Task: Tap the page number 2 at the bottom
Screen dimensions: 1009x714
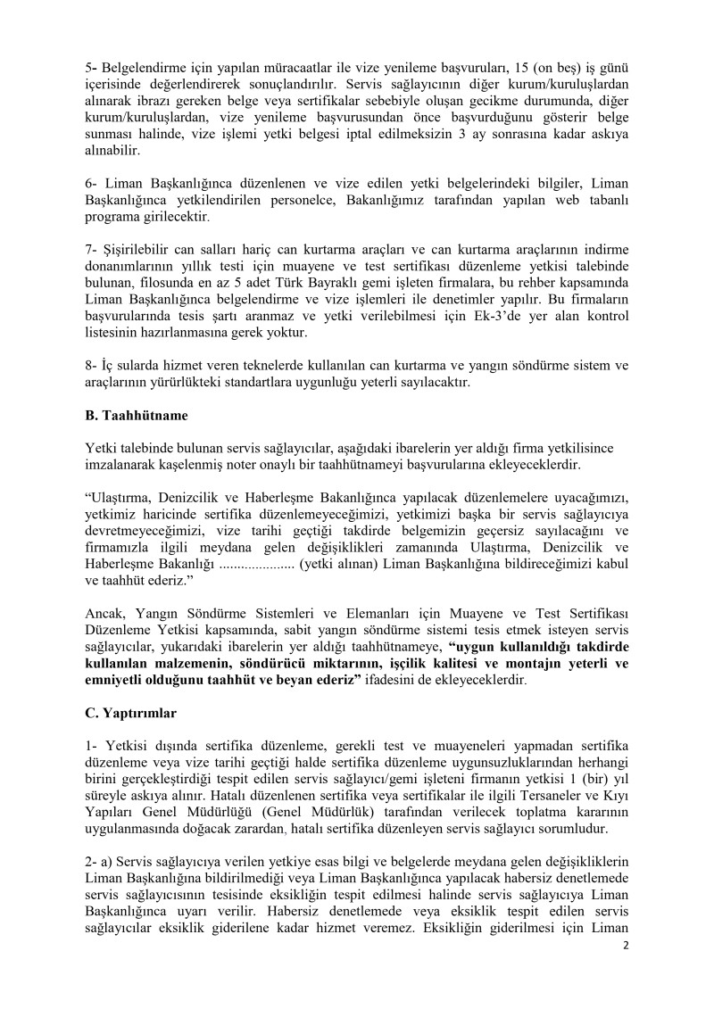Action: [x=627, y=971]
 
